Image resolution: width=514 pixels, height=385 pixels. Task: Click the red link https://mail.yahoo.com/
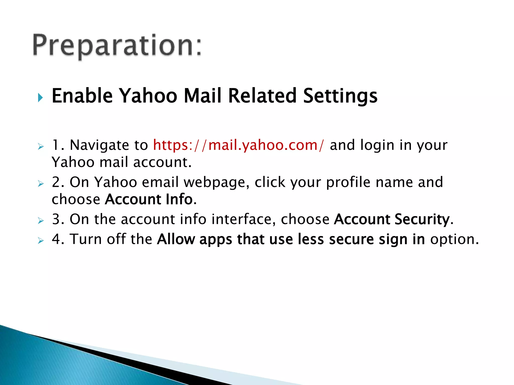pos(238,145)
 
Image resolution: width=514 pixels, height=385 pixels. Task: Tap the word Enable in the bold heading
pos(82,96)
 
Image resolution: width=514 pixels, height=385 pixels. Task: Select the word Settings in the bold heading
pos(340,96)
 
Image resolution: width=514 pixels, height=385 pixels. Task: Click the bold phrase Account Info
pos(149,199)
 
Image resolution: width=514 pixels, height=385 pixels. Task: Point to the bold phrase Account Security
pos(392,219)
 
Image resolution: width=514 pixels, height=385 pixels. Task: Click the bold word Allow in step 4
pos(176,239)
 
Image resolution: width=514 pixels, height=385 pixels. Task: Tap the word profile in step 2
pos(348,182)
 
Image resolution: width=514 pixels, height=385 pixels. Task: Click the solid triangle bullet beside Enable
pos(40,97)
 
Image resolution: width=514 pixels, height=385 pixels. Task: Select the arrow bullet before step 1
pos(41,147)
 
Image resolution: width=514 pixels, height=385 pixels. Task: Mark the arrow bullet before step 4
pos(41,241)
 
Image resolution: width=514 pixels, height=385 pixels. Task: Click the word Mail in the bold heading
pos(203,96)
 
